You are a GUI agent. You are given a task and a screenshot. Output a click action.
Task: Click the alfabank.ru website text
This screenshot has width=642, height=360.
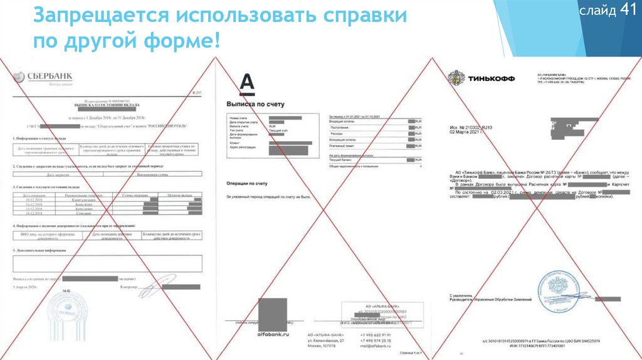tap(273, 334)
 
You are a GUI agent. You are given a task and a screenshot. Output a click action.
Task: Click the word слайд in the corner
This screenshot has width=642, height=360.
tap(597, 11)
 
